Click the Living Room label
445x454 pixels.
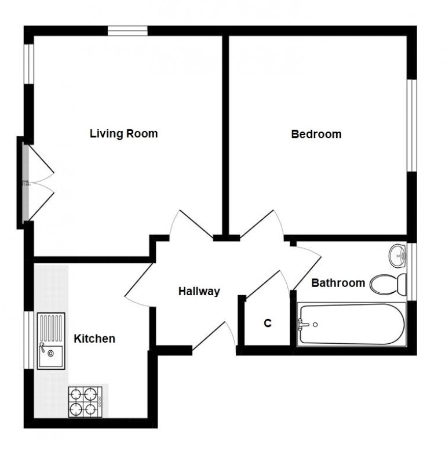coord(123,134)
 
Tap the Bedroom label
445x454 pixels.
coord(316,135)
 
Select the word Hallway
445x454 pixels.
coord(199,291)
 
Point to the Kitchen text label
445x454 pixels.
coord(94,339)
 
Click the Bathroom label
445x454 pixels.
coord(338,283)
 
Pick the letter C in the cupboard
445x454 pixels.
coord(268,324)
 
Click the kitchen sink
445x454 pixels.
coord(51,340)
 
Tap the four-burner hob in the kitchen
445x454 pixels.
coord(83,401)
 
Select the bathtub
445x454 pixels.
coord(349,324)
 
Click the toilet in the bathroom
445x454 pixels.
coord(387,284)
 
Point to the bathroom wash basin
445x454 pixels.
coord(397,254)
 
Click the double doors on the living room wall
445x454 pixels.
coord(36,182)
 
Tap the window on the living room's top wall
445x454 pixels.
coord(127,30)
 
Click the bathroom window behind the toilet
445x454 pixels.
coord(411,271)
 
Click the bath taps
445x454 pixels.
coord(304,324)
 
